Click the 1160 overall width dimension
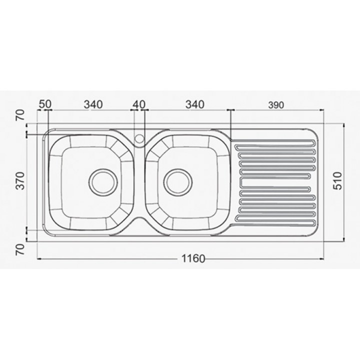[x=193, y=259]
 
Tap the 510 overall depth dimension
[x=337, y=181]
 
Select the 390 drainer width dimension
[x=275, y=105]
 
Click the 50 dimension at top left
[x=45, y=104]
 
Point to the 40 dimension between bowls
[x=139, y=104]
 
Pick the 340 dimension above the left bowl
[x=93, y=104]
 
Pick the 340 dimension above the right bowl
[x=194, y=104]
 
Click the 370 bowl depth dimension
[x=20, y=180]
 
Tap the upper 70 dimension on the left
[x=20, y=115]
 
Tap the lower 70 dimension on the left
[x=20, y=249]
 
